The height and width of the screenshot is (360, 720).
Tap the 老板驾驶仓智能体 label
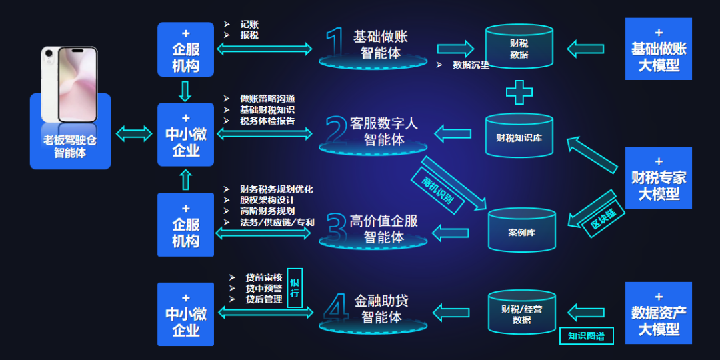[70, 147]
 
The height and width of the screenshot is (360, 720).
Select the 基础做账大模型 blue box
[659, 49]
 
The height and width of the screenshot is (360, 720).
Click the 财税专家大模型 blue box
[659, 178]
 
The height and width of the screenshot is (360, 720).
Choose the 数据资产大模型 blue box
[659, 313]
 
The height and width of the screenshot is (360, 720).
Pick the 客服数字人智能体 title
[384, 131]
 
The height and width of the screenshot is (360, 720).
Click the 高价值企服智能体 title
[384, 229]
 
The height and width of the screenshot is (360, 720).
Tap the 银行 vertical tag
[295, 288]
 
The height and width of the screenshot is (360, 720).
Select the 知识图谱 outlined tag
[586, 336]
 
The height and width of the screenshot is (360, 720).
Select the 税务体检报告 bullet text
[267, 121]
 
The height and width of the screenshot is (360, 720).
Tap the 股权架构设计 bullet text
[267, 200]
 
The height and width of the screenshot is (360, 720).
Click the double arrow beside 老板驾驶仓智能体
[134, 134]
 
